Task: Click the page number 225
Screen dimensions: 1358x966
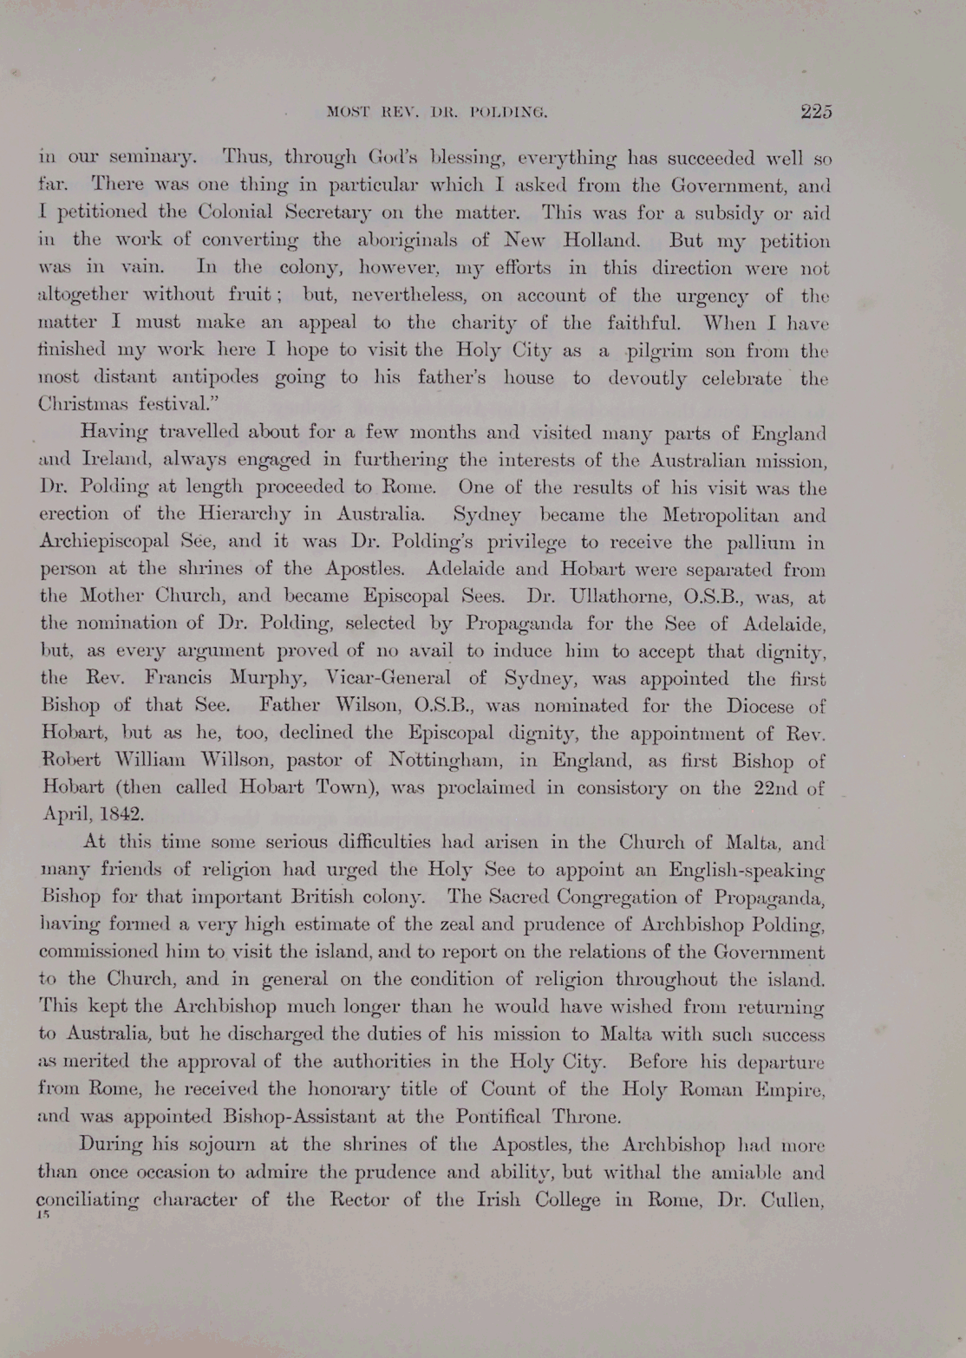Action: point(816,111)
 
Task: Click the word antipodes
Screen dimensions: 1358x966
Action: point(207,378)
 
